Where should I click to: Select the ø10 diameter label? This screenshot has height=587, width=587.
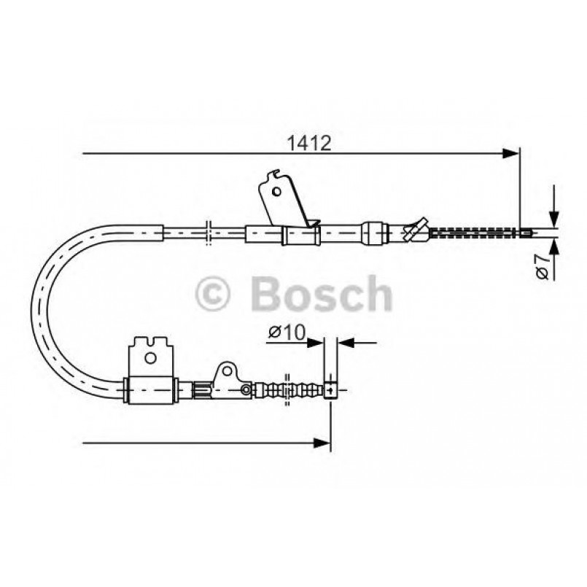pos(285,333)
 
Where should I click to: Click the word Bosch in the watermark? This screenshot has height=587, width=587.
pos(321,294)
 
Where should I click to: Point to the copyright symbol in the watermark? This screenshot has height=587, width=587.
pos(214,295)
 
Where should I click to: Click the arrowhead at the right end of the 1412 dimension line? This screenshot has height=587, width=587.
pos(513,153)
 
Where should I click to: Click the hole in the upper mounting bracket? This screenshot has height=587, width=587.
pos(276,191)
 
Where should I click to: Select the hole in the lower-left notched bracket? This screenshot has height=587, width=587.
pos(150,358)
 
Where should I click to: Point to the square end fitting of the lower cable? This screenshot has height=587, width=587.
pos(332,389)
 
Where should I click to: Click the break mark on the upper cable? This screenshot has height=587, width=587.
pos(208,233)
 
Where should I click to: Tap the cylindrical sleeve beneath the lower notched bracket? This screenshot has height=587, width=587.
pos(152,389)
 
